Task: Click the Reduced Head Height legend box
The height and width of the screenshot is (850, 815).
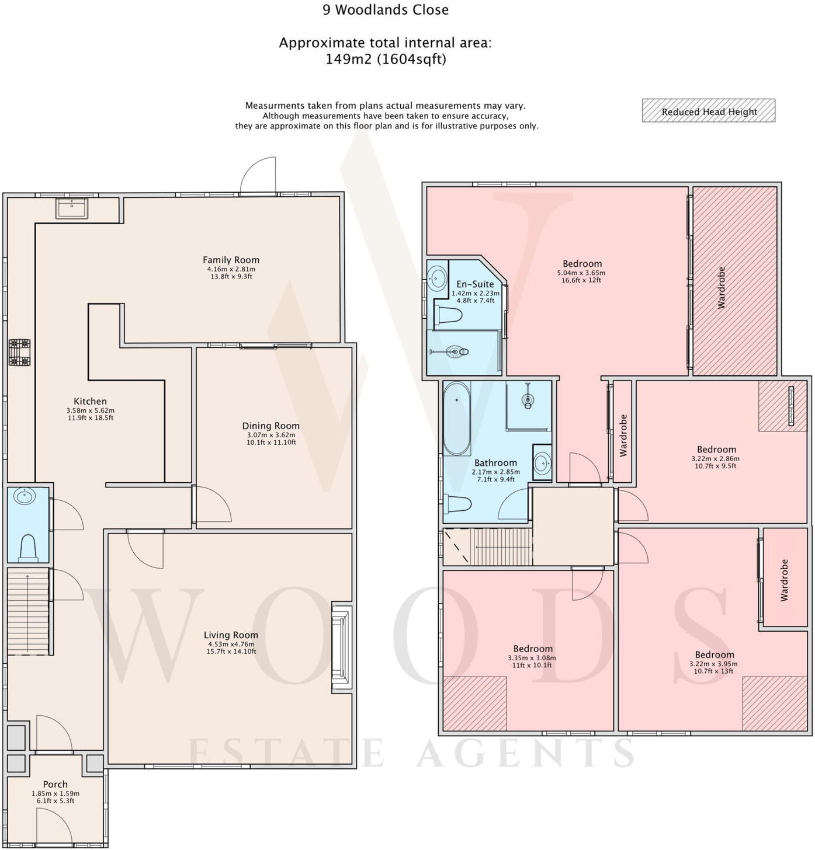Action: tap(708, 111)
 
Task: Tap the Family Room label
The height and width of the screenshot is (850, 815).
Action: tap(231, 260)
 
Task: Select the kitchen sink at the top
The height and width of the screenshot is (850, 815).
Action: tap(72, 208)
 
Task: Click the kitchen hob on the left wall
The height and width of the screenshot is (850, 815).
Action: tap(19, 353)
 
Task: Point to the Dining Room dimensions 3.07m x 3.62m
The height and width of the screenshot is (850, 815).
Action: tap(271, 435)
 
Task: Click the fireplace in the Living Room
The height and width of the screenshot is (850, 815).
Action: tap(342, 647)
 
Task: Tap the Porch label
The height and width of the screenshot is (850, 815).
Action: tap(56, 784)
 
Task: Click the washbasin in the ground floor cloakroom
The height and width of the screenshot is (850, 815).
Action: tap(25, 497)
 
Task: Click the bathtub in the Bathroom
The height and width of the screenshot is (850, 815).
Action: tap(457, 419)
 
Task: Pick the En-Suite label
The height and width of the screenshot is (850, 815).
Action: tap(475, 284)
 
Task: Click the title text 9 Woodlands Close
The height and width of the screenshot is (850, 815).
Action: tap(386, 10)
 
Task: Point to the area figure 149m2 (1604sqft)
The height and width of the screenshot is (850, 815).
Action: tap(386, 59)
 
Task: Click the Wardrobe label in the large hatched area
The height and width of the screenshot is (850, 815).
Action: tap(721, 287)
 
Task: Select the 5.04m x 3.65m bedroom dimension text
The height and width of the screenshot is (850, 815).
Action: tap(581, 273)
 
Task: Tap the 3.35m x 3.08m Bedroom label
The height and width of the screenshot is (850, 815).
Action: tap(533, 649)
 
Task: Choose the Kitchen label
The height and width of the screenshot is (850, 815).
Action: tap(90, 401)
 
